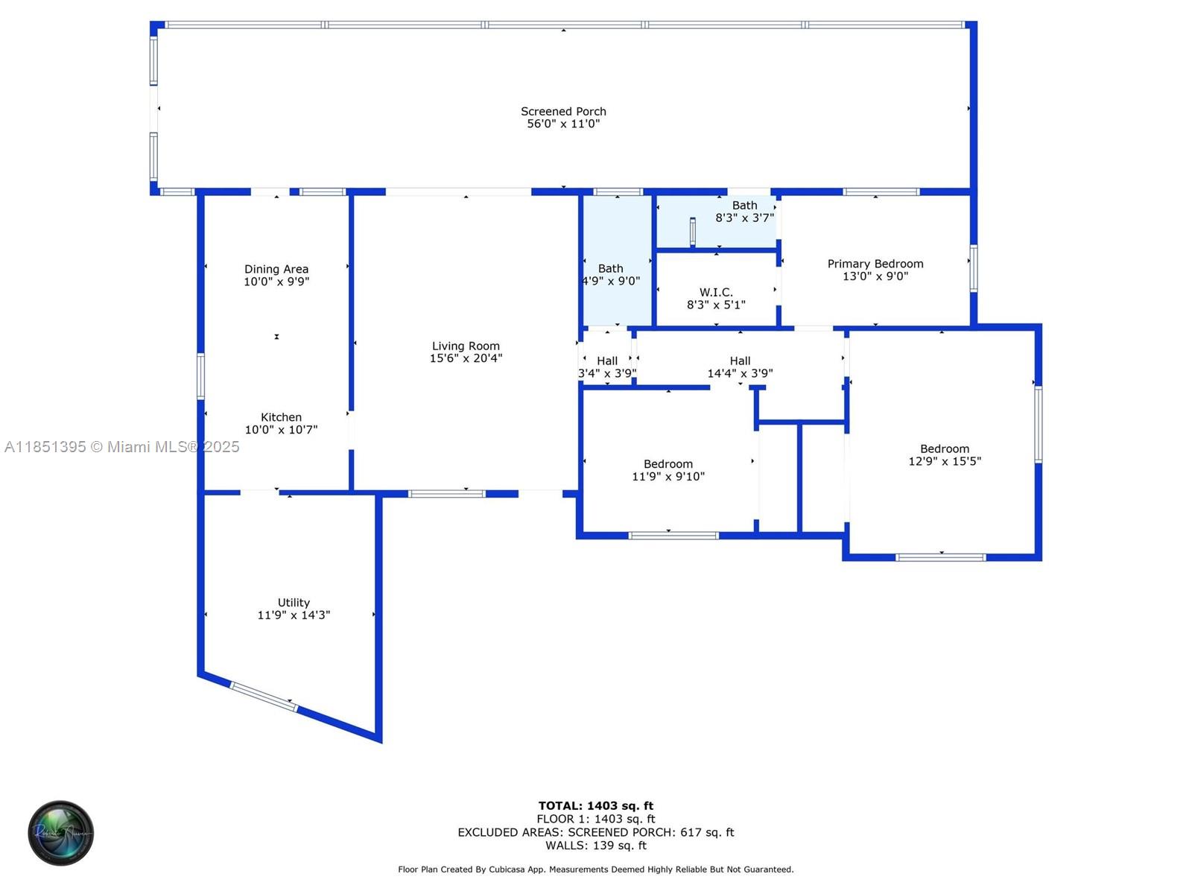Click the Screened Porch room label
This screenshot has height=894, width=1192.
coord(563,112)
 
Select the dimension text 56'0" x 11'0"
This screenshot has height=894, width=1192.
coord(563,124)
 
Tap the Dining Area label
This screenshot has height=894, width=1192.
coord(276,269)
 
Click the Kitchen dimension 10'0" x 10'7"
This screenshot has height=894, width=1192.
coord(282,430)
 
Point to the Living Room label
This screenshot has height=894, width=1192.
coord(466,346)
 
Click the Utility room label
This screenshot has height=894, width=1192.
coord(294,603)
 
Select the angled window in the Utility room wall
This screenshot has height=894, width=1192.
coord(264,696)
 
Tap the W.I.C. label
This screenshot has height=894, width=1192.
coord(716,292)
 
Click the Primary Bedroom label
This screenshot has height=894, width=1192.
coord(875,264)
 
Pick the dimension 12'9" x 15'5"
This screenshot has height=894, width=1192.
coord(945,461)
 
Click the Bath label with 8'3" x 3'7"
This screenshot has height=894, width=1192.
coord(744,206)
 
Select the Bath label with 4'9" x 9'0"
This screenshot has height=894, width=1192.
coord(610,269)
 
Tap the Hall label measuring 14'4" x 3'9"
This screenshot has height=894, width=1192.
coord(740,361)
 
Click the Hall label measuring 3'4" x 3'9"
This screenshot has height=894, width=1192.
coord(607,361)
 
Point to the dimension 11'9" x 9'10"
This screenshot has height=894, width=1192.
coord(668,477)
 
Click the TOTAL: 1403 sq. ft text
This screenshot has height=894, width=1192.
coord(596,806)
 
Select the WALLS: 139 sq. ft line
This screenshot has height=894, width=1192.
coord(596,846)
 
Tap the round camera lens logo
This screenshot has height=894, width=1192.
coord(61,833)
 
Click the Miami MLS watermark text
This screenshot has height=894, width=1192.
coord(122,447)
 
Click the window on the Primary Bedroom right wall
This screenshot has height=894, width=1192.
coord(973,268)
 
